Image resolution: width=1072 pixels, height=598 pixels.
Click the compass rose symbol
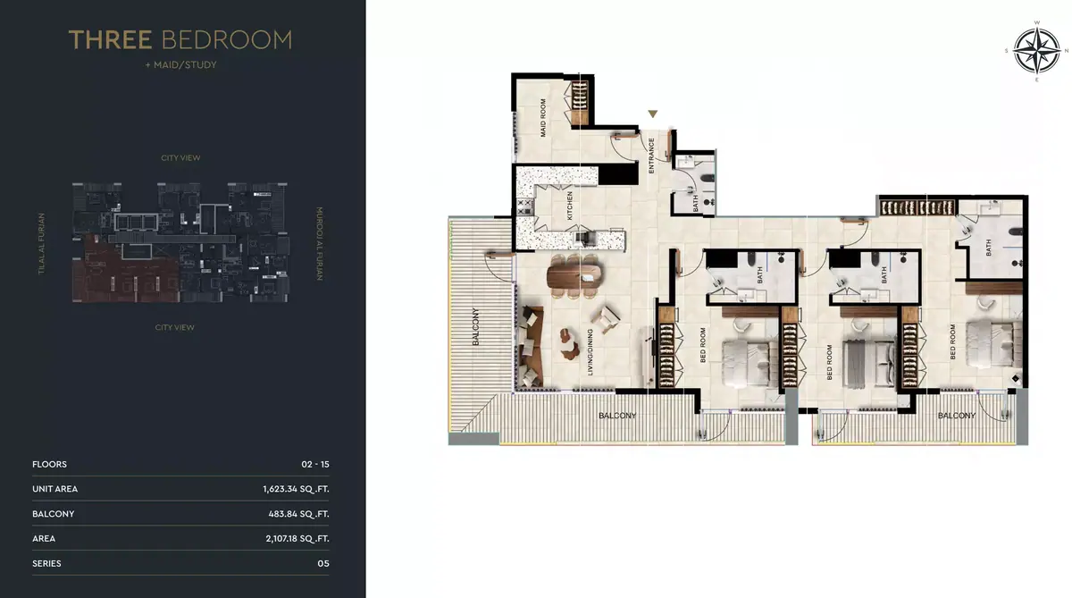[1036, 51]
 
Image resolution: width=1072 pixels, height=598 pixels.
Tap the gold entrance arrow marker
[653, 114]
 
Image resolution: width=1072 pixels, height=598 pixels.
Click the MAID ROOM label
[543, 118]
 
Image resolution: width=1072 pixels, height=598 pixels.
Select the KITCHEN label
[570, 206]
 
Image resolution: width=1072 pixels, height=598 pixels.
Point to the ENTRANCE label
[651, 156]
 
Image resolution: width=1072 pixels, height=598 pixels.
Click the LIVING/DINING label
[590, 352]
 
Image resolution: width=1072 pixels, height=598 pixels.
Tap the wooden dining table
[574, 276]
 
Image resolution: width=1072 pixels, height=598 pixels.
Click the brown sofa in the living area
[532, 347]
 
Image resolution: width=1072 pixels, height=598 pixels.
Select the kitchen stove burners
[525, 206]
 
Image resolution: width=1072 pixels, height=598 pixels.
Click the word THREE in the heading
[111, 39]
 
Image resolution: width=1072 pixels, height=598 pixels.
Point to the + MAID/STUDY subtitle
[180, 64]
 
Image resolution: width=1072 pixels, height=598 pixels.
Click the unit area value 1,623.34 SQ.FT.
[296, 489]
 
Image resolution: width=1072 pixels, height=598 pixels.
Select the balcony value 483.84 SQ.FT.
[298, 514]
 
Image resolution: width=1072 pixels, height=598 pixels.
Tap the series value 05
[323, 563]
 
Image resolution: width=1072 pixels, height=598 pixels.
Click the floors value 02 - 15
[315, 465]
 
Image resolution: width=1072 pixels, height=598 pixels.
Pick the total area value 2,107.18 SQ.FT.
[297, 539]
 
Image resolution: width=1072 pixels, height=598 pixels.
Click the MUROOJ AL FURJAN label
[319, 244]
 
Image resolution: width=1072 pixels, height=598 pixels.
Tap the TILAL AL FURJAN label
[42, 244]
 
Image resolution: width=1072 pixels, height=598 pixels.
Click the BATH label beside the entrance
[695, 203]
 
